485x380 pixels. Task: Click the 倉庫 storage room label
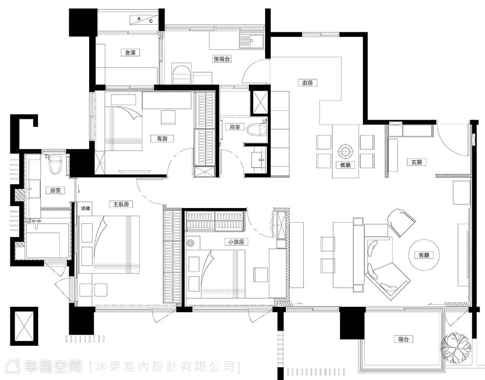point(130,53)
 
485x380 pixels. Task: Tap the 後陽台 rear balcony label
point(222,58)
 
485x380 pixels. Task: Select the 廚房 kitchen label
point(308,83)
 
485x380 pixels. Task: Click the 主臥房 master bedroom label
point(121,204)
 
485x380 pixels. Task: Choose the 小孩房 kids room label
point(236,242)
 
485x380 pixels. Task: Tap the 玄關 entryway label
point(417,162)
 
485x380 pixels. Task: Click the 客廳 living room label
point(424,256)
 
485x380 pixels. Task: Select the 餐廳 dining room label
point(345,165)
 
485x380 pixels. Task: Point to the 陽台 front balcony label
point(403,339)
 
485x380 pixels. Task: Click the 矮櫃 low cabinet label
point(85,209)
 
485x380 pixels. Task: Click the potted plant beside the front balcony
point(457,347)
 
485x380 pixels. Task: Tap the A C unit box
point(144,20)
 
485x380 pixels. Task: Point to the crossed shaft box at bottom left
point(24,326)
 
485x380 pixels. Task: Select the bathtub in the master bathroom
point(47,240)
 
